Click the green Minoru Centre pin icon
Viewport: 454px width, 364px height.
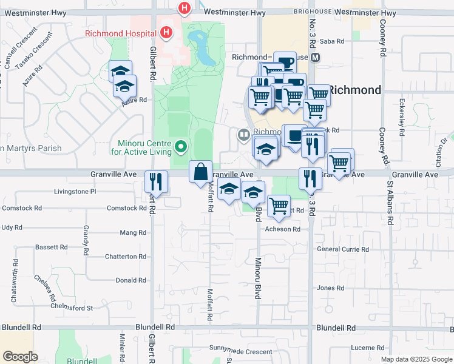180,146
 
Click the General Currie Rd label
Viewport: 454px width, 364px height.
343,249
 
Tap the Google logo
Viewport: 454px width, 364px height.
21,357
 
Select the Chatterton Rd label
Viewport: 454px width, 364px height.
126,257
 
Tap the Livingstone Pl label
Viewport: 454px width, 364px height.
76,191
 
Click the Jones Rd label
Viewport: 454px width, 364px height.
331,288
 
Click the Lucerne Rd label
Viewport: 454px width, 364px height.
367,348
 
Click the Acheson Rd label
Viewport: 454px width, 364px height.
283,229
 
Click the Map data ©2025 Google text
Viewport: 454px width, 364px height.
416,359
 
